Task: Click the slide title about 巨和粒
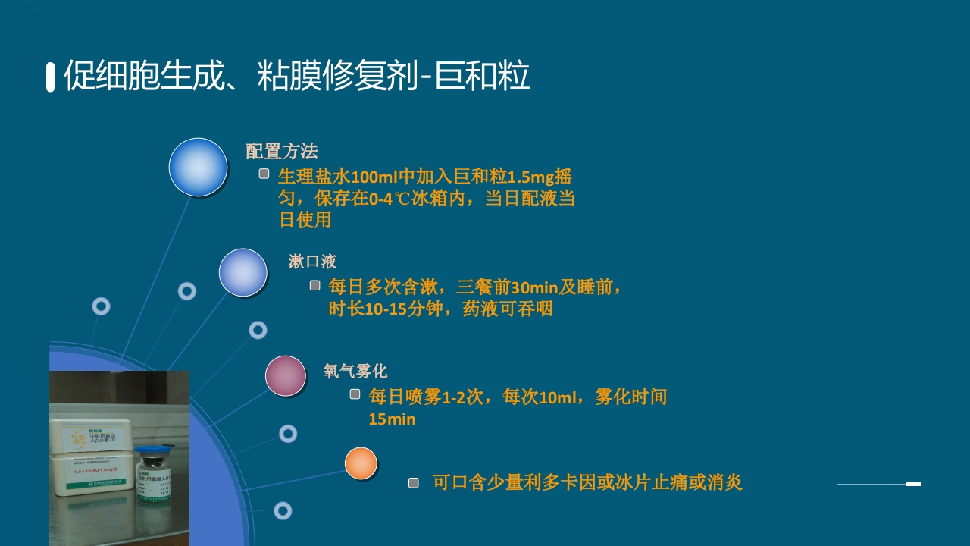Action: pos(296,77)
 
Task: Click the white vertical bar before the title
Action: pos(51,77)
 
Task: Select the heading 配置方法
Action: pos(281,151)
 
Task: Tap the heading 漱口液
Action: pos(312,262)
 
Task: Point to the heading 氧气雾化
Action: pos(355,371)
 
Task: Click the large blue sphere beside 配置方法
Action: pos(198,168)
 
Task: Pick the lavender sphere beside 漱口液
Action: pos(243,272)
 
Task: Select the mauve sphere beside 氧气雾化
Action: pos(286,376)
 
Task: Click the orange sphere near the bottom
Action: pos(361,463)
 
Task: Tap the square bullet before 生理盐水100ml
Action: pos(264,174)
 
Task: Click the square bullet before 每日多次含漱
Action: pos(314,285)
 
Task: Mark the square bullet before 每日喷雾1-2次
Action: pos(355,394)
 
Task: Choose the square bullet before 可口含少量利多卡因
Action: pos(413,482)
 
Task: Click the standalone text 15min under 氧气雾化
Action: pos(392,419)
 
